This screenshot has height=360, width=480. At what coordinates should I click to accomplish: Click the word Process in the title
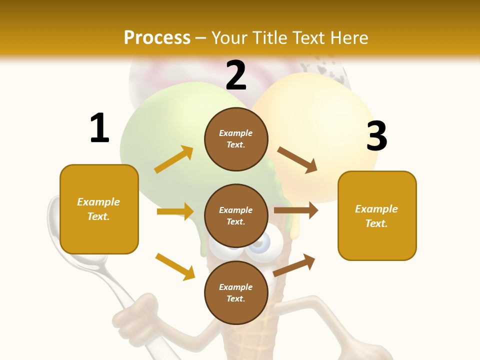point(157,37)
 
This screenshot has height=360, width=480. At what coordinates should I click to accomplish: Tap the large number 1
point(99,128)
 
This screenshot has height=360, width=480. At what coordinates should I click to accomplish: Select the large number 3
point(376,136)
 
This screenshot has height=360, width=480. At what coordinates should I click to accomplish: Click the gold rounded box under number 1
point(99,209)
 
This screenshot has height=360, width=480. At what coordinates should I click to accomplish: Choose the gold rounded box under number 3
point(377,216)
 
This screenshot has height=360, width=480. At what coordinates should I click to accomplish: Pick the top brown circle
point(236,139)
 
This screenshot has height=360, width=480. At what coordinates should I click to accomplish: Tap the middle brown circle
point(236,215)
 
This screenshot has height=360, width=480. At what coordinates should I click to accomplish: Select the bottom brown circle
point(236,292)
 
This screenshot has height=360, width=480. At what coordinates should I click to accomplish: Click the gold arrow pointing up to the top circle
point(174,159)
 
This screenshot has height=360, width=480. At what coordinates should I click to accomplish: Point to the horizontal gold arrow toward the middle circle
point(175,211)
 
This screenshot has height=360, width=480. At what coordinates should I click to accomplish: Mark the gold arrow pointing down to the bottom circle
point(175,266)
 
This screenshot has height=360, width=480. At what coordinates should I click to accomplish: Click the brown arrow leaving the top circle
point(297,160)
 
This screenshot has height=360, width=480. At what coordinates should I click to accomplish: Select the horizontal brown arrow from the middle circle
point(295,210)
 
